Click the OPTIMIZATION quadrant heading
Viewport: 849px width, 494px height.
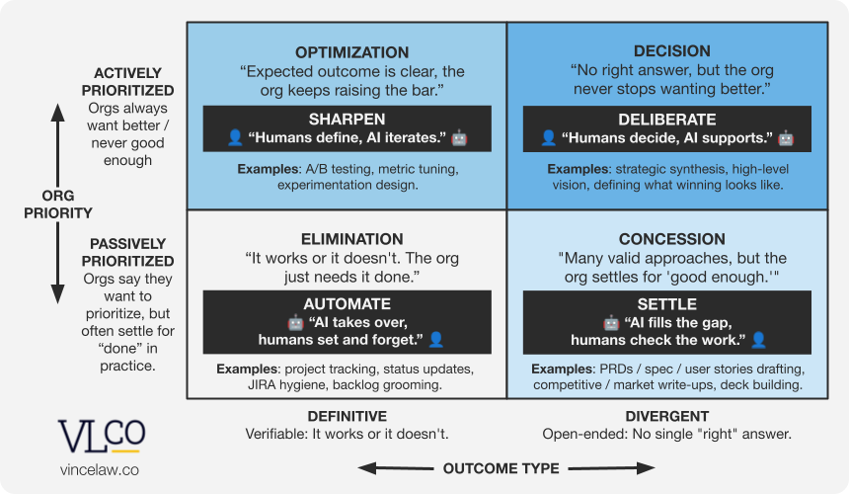[351, 52]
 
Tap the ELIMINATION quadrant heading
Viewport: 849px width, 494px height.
[351, 239]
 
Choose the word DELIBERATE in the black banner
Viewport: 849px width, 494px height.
[668, 119]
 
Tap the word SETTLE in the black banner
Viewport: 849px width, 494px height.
[668, 304]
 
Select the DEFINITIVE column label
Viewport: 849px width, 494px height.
[347, 416]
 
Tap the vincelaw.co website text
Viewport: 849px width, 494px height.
[99, 470]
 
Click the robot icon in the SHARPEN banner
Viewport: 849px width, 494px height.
[459, 138]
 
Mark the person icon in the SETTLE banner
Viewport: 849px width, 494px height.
[758, 340]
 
